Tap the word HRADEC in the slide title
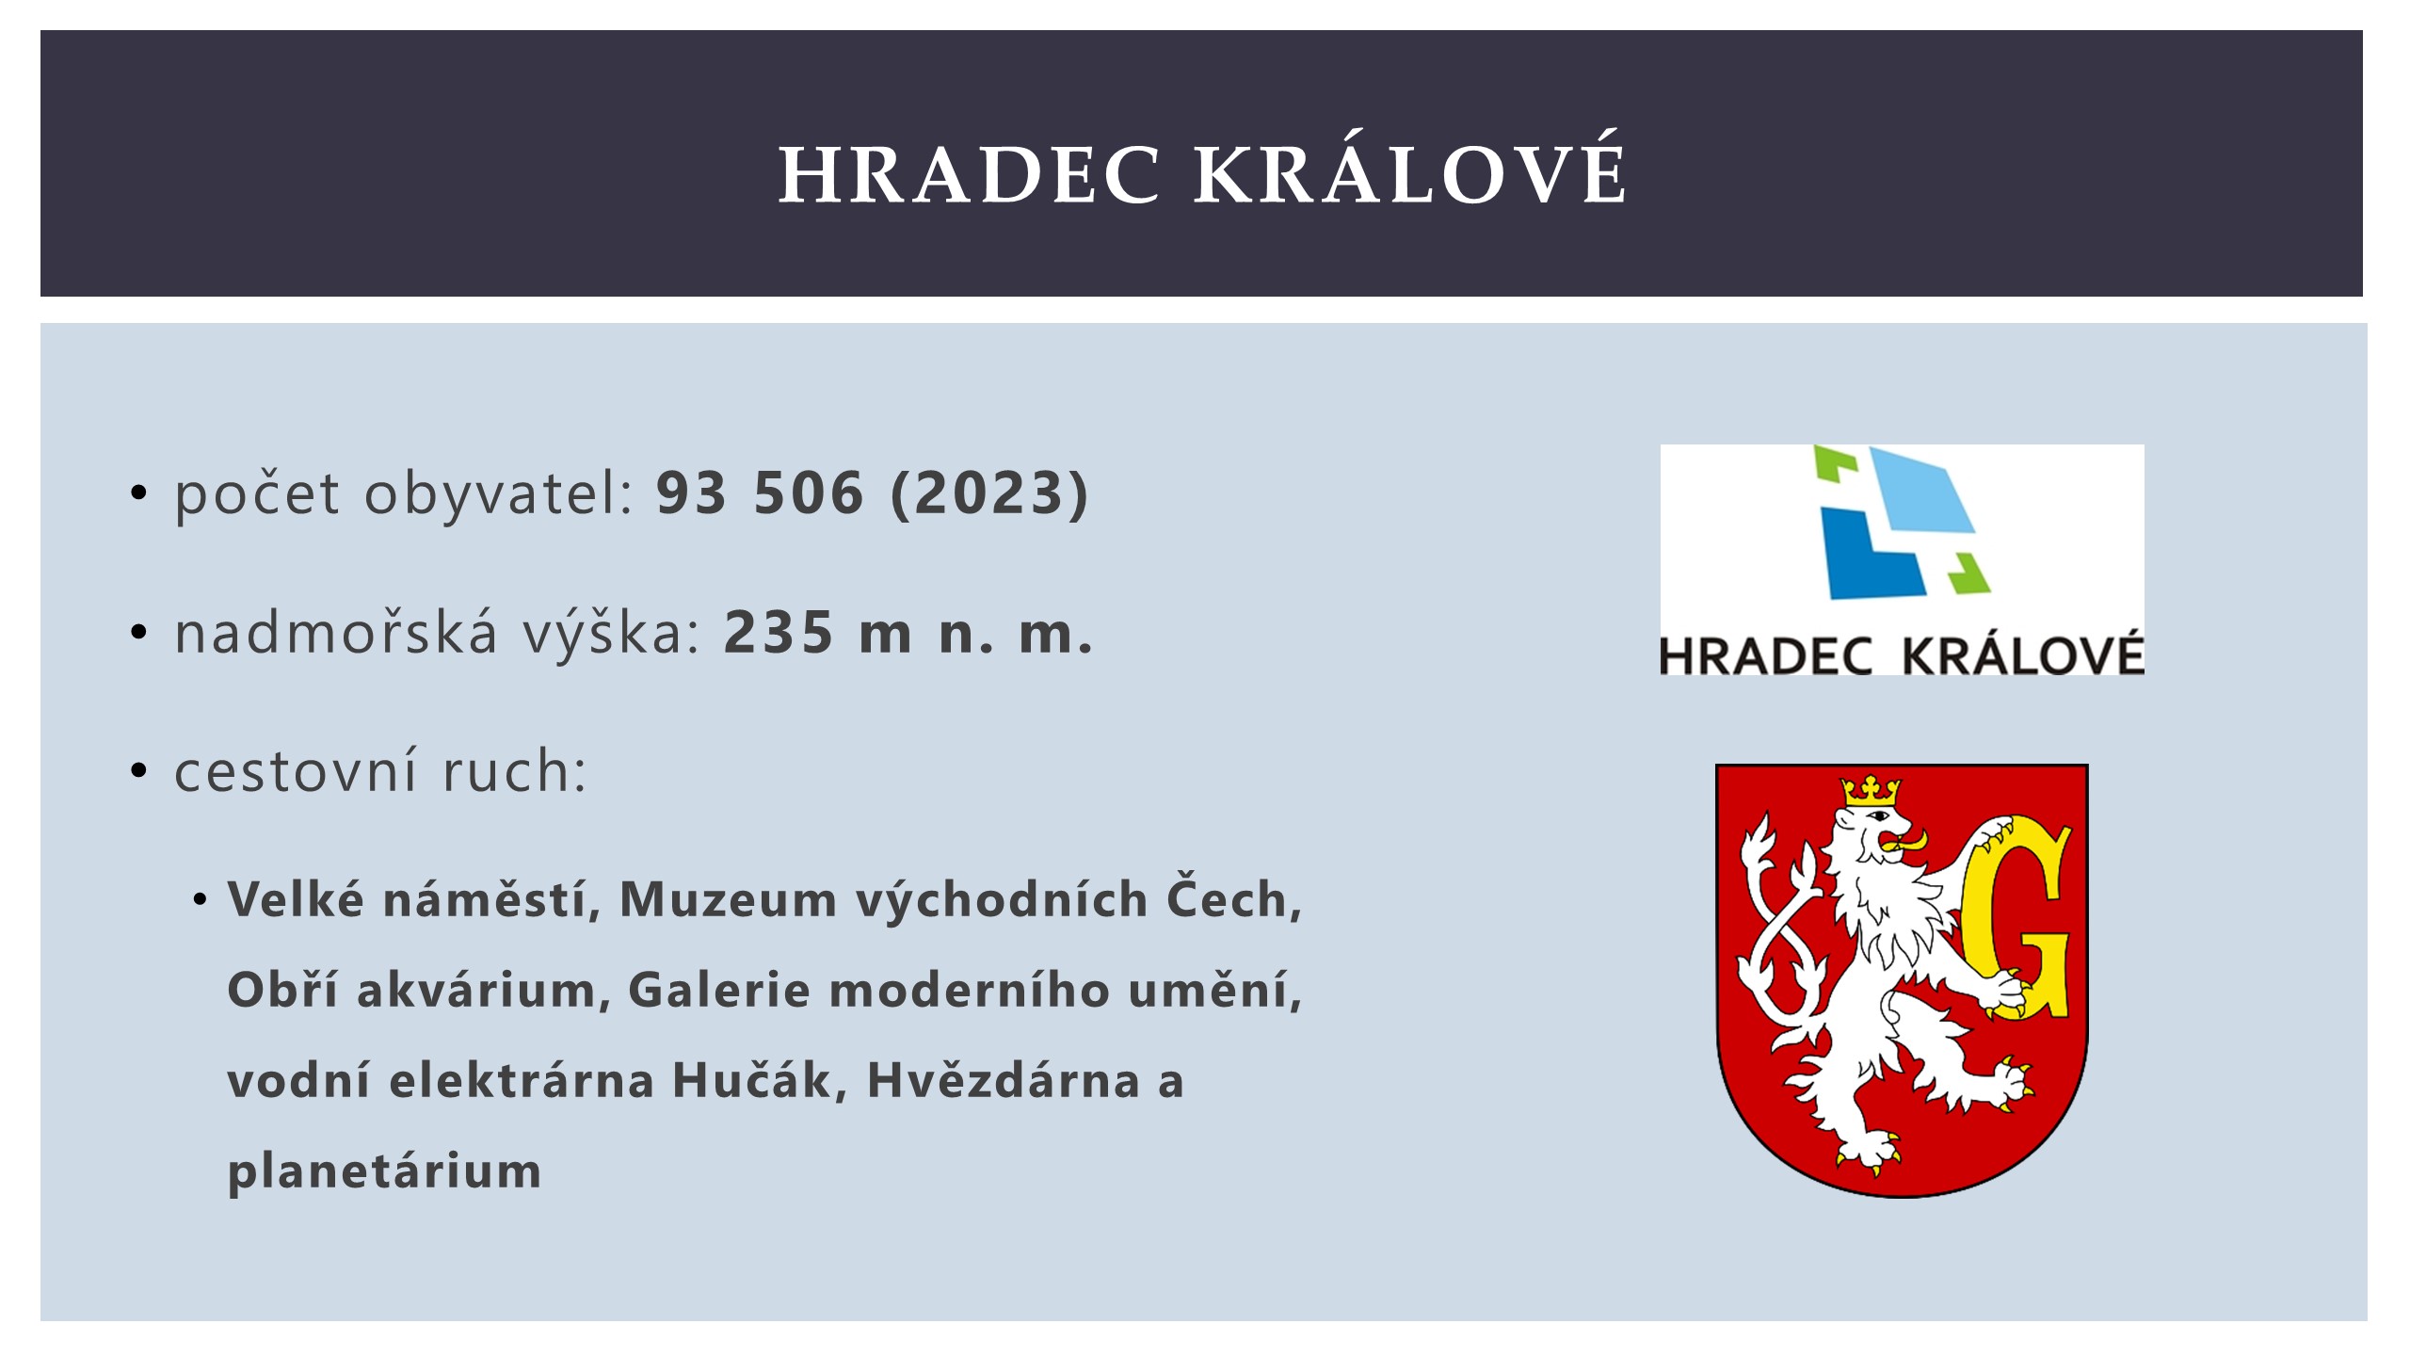click(970, 174)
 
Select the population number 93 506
click(760, 492)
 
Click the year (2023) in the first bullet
click(989, 492)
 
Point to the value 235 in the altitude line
click(779, 632)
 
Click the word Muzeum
click(728, 899)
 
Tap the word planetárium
click(384, 1171)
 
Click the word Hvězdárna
click(1004, 1079)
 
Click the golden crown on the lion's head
click(1871, 791)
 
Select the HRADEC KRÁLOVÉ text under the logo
click(1902, 654)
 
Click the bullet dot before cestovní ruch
click(139, 771)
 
